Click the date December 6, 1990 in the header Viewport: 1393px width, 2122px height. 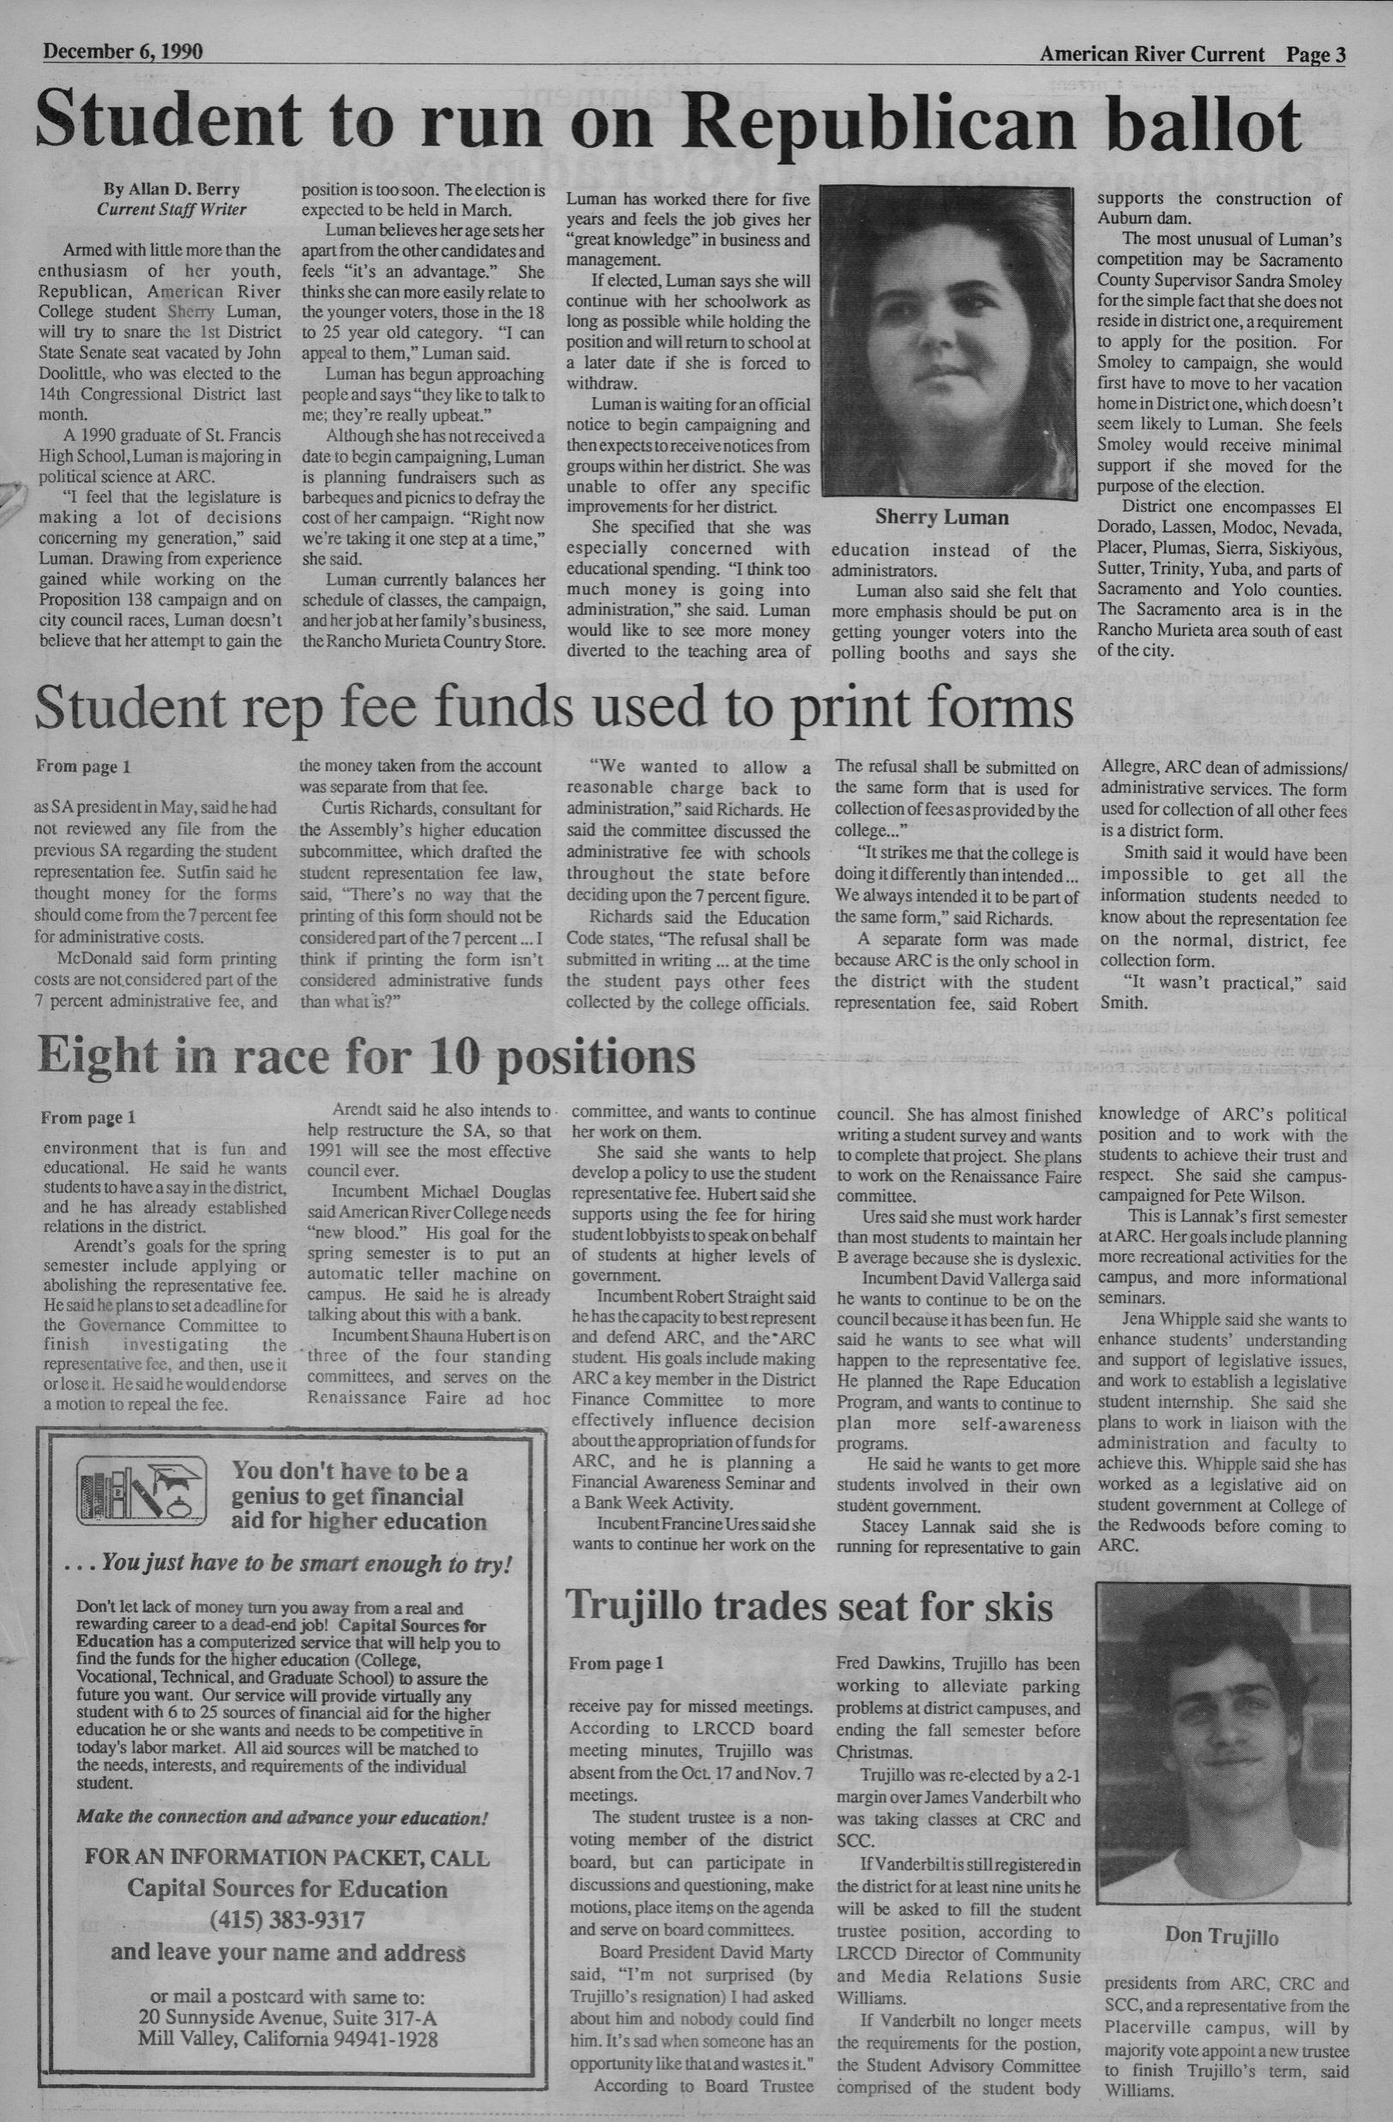click(x=123, y=51)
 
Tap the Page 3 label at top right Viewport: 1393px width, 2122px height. click(x=1316, y=54)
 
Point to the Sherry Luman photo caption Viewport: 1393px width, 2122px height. click(x=942, y=517)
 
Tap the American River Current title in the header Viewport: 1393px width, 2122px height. click(x=1151, y=54)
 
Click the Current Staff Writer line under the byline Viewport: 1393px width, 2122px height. click(x=172, y=209)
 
